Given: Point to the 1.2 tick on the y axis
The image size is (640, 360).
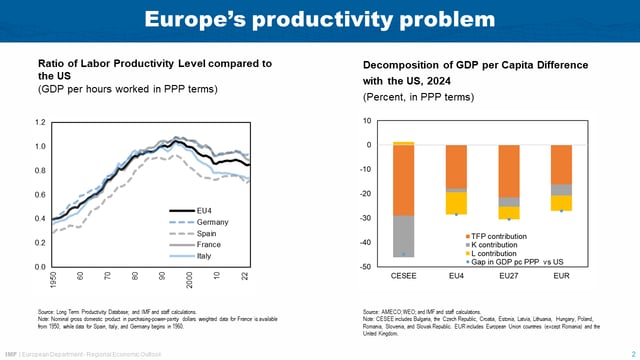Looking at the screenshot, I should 40,122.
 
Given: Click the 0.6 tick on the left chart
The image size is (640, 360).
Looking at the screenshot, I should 40,195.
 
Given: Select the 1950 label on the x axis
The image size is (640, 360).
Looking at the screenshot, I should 53,280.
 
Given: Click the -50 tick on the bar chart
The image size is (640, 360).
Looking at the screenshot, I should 367,267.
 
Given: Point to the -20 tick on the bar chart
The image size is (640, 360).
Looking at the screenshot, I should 367,194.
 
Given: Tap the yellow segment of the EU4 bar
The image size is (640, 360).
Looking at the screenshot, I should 456,203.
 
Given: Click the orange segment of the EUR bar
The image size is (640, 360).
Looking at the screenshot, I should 561,164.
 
